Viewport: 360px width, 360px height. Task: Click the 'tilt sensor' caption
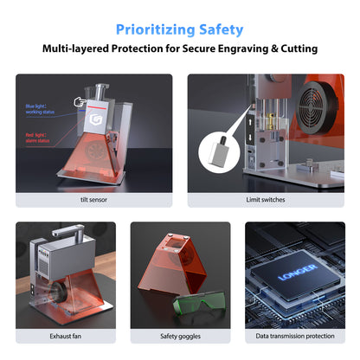click(93, 199)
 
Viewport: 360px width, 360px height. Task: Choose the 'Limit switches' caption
click(266, 199)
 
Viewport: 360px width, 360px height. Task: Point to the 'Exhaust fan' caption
click(66, 336)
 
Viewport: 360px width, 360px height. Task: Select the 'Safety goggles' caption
click(180, 336)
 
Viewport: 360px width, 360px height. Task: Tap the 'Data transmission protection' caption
click(294, 336)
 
